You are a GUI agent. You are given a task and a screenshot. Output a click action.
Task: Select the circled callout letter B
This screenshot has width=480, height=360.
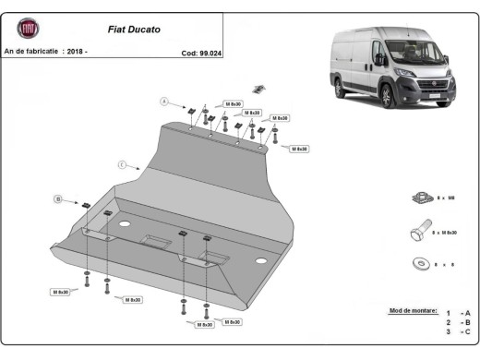pos(57,198)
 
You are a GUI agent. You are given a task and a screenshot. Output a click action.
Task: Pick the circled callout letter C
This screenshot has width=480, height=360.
pos(121,164)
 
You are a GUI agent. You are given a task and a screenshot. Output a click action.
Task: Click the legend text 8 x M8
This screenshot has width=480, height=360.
pos(447,198)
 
